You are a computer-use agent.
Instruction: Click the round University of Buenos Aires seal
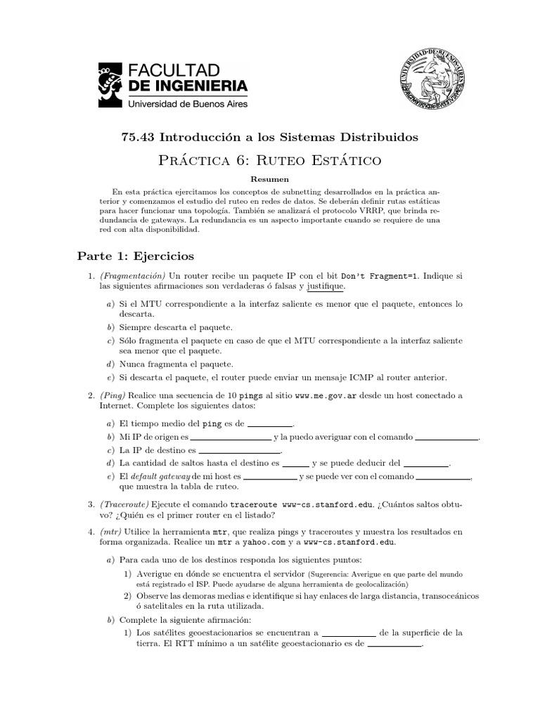(x=427, y=83)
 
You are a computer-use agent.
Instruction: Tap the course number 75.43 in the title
(x=137, y=136)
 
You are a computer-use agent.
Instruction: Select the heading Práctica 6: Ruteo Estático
(x=270, y=160)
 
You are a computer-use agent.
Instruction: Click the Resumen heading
(x=270, y=179)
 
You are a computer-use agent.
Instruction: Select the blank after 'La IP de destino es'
(x=240, y=451)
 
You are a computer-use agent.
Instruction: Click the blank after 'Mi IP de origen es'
(x=231, y=438)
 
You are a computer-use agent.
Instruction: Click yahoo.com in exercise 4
(x=289, y=542)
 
